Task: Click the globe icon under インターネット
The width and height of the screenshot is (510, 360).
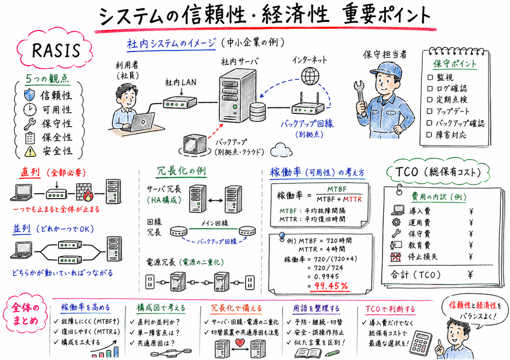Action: point(309,76)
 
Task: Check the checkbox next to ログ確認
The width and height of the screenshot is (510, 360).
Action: point(429,89)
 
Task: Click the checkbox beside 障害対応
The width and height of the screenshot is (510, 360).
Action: point(429,135)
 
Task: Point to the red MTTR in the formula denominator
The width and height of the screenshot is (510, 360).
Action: point(352,199)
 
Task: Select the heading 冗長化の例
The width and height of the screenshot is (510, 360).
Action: point(181,171)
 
